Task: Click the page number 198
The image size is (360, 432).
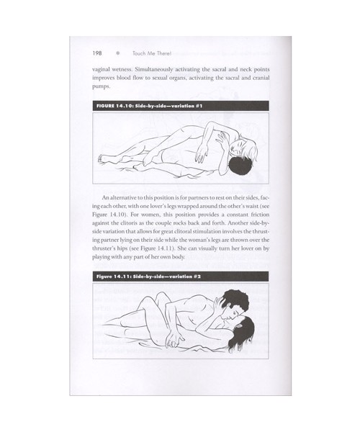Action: (x=97, y=53)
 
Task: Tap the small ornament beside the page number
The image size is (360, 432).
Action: (x=118, y=53)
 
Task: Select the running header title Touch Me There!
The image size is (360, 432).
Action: (x=152, y=53)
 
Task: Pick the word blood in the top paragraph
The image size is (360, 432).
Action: (x=123, y=78)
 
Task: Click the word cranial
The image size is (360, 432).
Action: (x=261, y=78)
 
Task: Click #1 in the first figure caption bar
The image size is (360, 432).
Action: (x=199, y=106)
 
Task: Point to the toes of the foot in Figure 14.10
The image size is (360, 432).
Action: (x=100, y=158)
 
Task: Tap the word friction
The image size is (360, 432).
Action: (x=260, y=215)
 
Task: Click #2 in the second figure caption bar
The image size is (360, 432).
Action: (x=197, y=276)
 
